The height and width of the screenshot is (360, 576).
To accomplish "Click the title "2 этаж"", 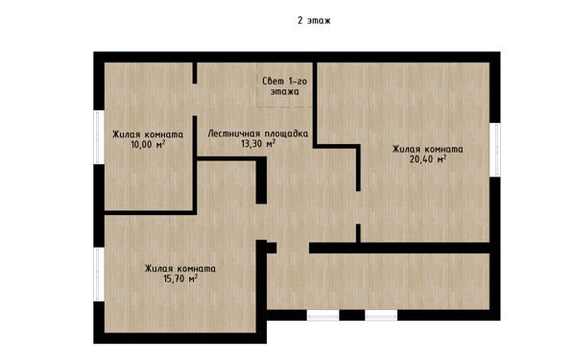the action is [314, 20].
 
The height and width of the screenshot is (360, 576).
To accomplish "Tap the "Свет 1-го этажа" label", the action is [285, 86].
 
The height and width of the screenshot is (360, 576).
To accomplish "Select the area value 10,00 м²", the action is [148, 144].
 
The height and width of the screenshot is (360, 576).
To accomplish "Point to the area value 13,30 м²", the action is [258, 143].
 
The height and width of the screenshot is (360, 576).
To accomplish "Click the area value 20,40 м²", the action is [428, 159].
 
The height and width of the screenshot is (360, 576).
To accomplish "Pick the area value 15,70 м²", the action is [180, 278].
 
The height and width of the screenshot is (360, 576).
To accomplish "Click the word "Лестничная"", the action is [232, 133].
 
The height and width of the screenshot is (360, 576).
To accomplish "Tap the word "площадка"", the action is [285, 133].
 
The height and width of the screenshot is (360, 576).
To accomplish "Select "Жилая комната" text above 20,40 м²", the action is [428, 150].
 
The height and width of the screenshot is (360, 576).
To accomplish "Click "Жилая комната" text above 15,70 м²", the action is [180, 269].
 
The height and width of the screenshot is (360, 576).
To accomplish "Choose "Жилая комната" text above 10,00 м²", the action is [148, 134].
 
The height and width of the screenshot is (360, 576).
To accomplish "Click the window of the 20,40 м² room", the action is [495, 150].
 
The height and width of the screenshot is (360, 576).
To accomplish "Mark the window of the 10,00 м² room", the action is [99, 137].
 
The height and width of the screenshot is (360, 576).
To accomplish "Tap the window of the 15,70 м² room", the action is [99, 275].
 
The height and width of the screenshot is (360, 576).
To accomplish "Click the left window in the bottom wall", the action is [323, 315].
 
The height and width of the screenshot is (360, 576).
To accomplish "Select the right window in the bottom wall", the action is [381, 315].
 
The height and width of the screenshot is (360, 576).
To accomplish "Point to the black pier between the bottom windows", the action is [352, 315].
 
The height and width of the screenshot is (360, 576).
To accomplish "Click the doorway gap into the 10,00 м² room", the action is [195, 100].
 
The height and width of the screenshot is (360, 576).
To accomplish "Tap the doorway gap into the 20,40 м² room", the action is [358, 207].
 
